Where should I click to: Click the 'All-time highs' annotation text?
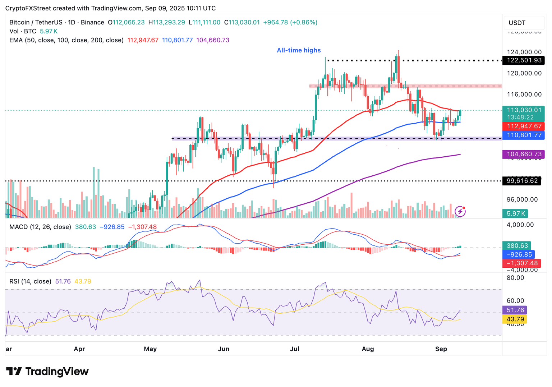(299, 50)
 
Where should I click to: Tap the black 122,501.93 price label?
(524, 60)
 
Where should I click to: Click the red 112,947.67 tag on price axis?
(524, 126)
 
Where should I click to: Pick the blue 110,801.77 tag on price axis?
(524, 135)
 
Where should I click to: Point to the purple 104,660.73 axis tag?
(524, 154)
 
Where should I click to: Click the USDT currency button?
(517, 23)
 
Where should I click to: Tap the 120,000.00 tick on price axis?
(524, 73)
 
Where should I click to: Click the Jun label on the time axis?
(224, 349)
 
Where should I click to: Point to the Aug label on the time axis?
(368, 349)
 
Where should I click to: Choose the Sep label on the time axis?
(441, 349)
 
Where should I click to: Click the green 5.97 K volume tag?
(516, 213)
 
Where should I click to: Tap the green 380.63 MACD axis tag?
(517, 246)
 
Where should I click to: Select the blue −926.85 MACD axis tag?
(519, 254)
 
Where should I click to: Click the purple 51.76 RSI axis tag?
(515, 310)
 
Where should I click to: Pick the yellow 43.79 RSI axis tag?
(515, 319)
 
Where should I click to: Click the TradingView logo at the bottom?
(47, 371)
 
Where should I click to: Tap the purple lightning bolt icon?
(460, 211)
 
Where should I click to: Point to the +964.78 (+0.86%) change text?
(290, 22)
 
